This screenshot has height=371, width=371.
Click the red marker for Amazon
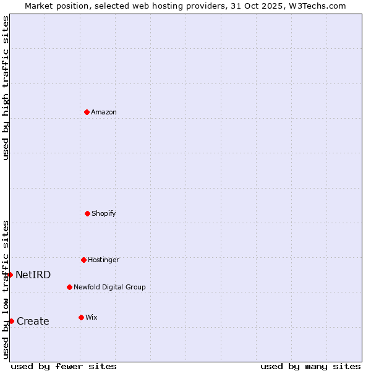click(87, 112)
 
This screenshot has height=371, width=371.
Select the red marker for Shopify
click(87, 213)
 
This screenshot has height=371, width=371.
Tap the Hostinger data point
click(83, 260)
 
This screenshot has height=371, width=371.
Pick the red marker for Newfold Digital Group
click(69, 287)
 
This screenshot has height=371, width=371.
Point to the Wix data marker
click(81, 317)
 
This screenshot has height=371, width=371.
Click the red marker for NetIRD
click(10, 275)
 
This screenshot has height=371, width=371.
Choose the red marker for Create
click(11, 321)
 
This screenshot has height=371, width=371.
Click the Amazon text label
click(104, 112)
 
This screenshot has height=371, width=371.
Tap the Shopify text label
click(104, 213)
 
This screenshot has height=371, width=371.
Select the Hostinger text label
click(103, 260)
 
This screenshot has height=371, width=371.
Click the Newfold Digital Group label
click(109, 287)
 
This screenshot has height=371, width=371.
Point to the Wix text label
click(92, 317)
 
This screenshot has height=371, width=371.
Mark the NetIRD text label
click(33, 275)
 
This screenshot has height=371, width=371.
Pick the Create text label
click(33, 321)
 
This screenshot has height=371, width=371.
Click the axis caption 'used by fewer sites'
click(64, 366)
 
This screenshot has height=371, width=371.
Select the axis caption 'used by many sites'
click(310, 366)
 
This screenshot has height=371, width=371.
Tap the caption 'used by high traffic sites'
click(6, 88)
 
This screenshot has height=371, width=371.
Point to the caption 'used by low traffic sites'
click(6, 289)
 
